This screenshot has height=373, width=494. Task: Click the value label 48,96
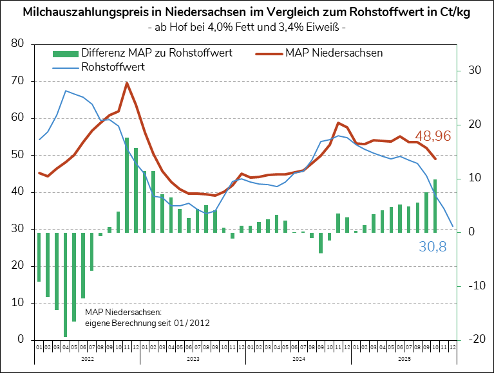[x=432, y=136]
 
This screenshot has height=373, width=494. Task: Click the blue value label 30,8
[x=432, y=246]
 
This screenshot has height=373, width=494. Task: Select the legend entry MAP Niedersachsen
[x=333, y=53]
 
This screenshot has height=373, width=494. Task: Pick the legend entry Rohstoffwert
[x=113, y=66]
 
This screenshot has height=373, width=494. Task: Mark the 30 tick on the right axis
[x=475, y=70]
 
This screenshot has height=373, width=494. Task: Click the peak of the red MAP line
[x=127, y=83]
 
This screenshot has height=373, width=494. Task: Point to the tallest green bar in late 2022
[x=127, y=185]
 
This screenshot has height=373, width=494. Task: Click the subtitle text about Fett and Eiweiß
[x=247, y=28]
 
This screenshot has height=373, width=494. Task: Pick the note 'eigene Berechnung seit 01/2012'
[x=147, y=322]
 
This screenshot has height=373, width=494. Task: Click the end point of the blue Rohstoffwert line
[x=453, y=226]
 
